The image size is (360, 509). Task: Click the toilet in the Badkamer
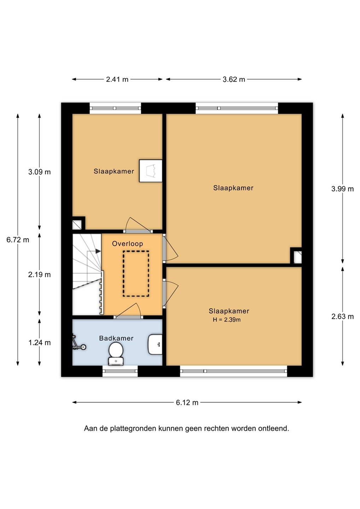coord(116,353)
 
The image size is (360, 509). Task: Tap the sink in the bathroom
coord(155,344)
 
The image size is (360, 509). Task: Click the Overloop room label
coord(128,244)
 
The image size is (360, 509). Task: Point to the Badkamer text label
coord(116,338)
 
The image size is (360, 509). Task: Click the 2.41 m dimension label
coord(117,79)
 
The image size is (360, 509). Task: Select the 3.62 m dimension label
coord(234,79)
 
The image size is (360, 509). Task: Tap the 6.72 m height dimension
coord(18,240)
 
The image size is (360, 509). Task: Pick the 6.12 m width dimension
coord(187,403)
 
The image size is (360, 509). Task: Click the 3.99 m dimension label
coord(343,189)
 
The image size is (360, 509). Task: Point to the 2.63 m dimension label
coord(343,316)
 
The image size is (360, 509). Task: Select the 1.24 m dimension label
coord(39,343)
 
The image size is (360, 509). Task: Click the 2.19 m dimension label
coord(39,275)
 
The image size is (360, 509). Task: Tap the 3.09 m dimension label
coord(39,172)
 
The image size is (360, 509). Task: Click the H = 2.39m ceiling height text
coord(227,320)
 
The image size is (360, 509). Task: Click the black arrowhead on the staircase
coord(98,251)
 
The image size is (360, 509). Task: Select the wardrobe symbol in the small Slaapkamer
coord(150,171)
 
